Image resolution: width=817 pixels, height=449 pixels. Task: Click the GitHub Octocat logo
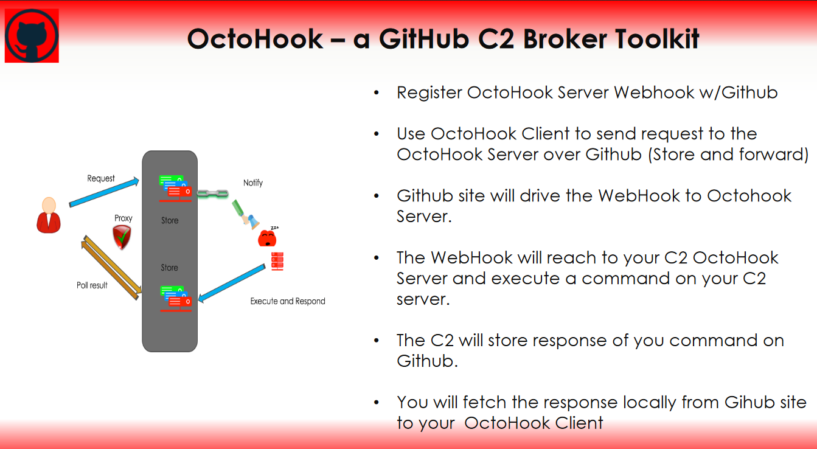point(32,35)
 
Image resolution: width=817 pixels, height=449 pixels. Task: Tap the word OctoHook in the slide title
point(255,39)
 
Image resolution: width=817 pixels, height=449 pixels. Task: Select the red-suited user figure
point(49,215)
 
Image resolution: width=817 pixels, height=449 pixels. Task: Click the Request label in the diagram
point(100,178)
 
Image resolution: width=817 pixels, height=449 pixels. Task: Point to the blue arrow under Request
point(104,192)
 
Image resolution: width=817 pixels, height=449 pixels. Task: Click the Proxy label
point(123,218)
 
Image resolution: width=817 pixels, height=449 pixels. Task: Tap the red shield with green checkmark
point(122,237)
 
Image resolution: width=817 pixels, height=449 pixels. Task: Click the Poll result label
point(92,285)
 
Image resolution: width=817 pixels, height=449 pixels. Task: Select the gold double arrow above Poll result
point(111,267)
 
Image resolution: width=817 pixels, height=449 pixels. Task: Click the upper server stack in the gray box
point(175,189)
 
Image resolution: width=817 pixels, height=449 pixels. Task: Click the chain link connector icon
point(213,193)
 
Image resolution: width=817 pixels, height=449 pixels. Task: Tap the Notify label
point(252,183)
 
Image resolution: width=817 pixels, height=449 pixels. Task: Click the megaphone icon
point(246,215)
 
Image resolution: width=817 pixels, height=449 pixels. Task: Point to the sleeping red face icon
point(268,237)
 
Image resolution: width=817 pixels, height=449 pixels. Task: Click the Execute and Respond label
point(287,301)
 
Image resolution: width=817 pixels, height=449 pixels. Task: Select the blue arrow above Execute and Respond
point(232,284)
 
